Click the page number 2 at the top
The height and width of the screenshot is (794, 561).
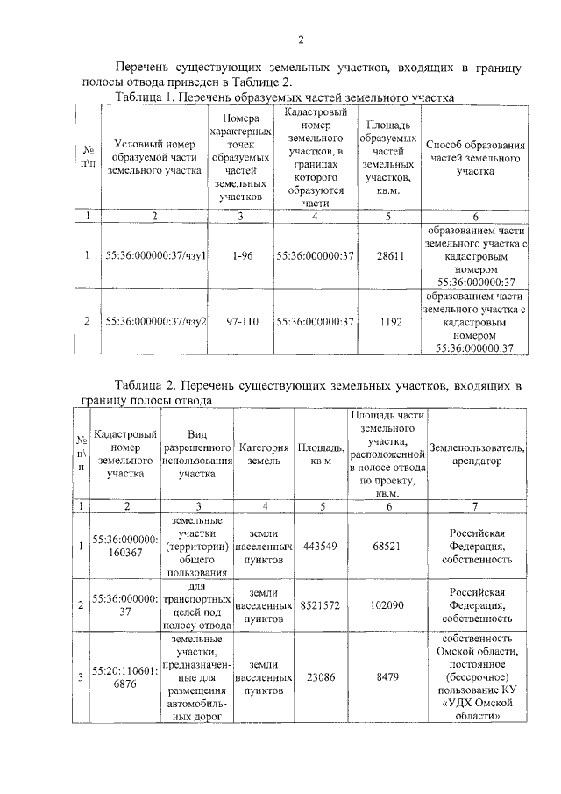[300, 39]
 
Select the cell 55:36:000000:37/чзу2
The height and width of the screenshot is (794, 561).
[155, 322]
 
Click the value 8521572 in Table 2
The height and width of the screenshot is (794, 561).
[318, 605]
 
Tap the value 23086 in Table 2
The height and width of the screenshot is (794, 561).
[318, 677]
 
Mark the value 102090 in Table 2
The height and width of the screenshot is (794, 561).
[387, 605]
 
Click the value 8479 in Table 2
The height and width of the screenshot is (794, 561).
[387, 677]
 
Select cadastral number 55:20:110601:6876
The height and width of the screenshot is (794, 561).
[125, 677]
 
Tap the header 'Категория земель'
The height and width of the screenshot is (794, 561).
[265, 454]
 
